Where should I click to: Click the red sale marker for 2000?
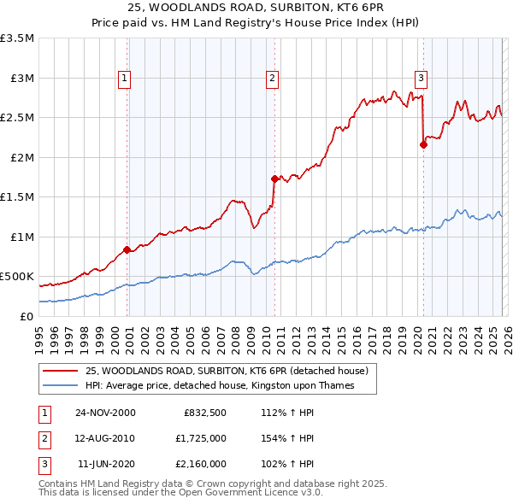[127, 249]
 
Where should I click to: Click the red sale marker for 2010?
[274, 179]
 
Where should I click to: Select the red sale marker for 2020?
[423, 144]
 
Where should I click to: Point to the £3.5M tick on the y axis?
[17, 38]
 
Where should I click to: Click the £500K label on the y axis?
[17, 277]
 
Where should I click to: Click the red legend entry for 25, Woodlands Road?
[227, 371]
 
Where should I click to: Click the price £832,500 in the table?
[204, 412]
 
